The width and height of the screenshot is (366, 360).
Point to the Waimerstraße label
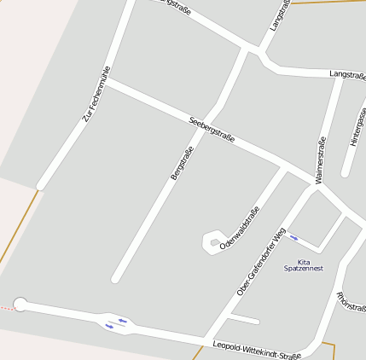point(320,160)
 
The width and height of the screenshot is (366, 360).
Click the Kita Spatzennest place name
point(303,264)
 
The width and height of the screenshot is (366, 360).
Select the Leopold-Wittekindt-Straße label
point(257,350)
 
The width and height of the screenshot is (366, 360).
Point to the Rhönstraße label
point(351,302)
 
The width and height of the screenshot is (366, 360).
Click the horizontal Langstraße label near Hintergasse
point(347,75)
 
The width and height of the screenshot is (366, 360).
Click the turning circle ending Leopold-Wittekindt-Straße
point(20,304)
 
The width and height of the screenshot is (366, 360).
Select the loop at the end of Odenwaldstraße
point(210,241)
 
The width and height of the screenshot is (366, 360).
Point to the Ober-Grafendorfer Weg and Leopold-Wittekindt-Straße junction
point(207,336)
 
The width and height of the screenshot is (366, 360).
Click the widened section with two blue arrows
point(116,322)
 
